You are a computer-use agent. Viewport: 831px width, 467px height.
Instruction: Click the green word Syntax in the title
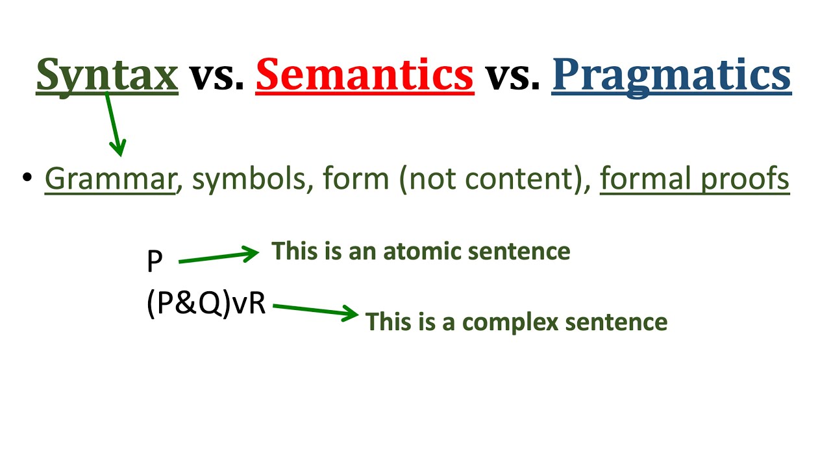(107, 75)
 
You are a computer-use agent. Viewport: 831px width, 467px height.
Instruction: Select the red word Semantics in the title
(364, 75)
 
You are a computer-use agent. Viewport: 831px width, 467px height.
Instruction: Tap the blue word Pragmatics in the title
(671, 75)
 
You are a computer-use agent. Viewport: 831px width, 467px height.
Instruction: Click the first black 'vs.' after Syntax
(216, 76)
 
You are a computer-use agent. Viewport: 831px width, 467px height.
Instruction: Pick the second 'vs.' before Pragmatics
(513, 76)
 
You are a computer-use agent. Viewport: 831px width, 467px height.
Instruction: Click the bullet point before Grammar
(27, 178)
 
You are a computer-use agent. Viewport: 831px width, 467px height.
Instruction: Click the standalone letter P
(155, 261)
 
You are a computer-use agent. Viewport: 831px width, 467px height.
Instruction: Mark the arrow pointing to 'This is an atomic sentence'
(218, 257)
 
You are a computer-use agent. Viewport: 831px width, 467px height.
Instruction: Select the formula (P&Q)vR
(206, 304)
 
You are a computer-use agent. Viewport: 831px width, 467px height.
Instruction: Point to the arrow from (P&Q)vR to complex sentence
(316, 311)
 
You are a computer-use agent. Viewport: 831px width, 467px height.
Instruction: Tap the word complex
(498, 322)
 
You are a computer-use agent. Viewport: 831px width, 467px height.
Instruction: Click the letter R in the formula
(257, 304)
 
